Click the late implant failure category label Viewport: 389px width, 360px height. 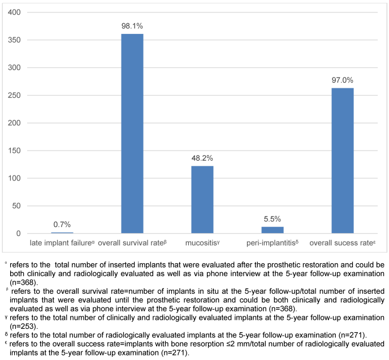click(x=63, y=243)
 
